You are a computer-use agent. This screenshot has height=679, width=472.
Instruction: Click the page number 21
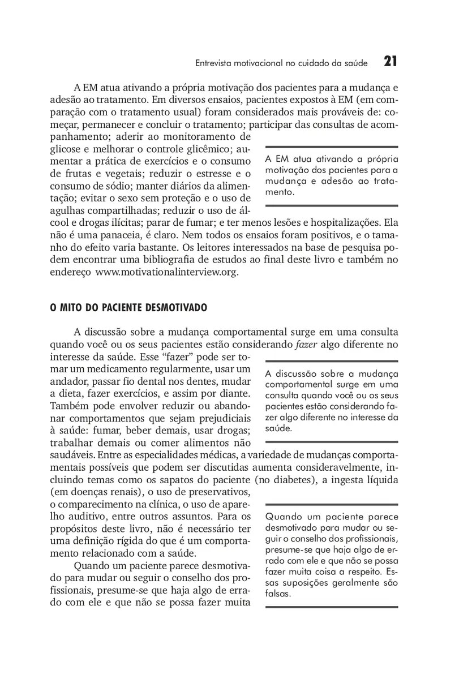390,62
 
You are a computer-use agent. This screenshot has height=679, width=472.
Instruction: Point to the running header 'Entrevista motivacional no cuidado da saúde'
281,63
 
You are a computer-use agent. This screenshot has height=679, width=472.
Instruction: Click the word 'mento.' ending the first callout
279,192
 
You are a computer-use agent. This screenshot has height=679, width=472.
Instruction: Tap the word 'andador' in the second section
67,381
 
